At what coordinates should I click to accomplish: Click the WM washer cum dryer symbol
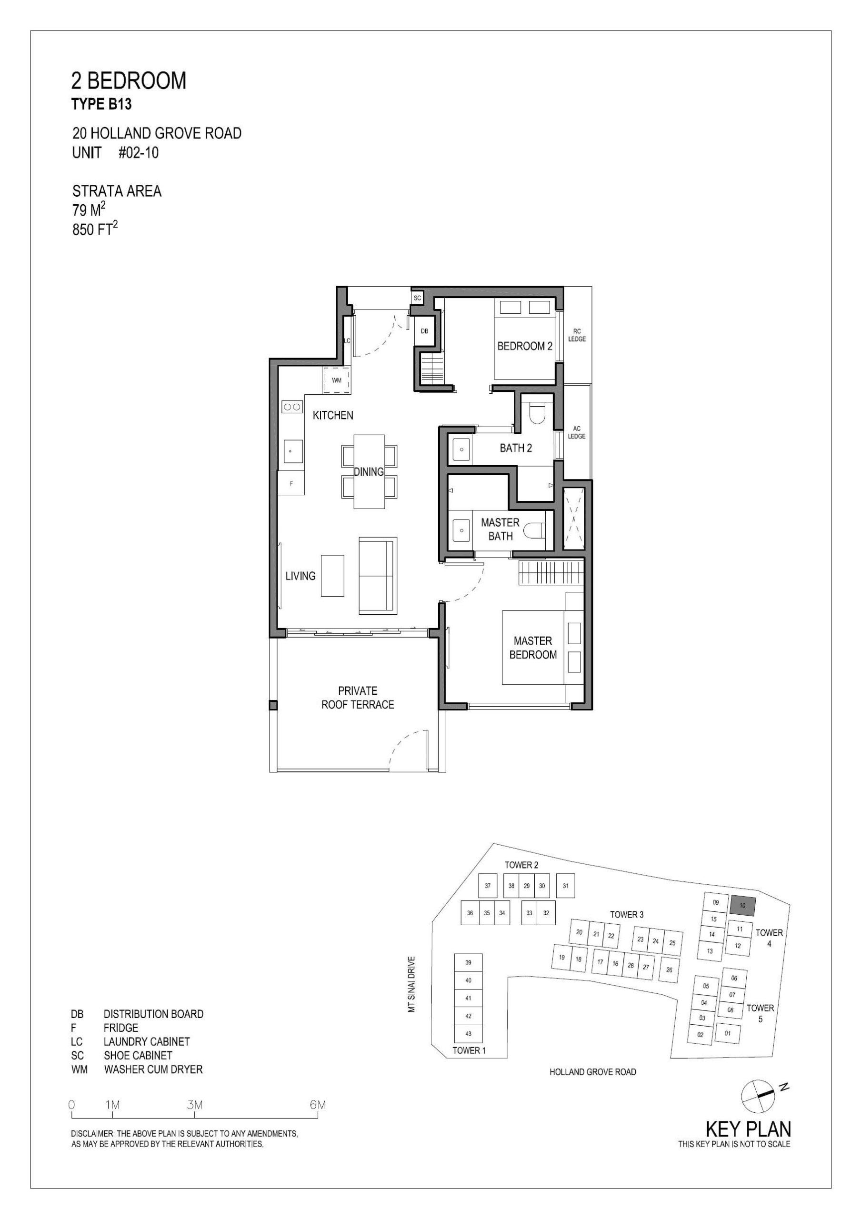coord(337,380)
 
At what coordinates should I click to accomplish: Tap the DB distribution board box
coord(424,331)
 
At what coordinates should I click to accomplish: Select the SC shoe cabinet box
coord(417,298)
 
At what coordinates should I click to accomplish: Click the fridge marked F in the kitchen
coord(291,483)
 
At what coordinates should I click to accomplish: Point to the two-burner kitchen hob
coord(291,407)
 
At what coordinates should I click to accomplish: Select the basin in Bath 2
coord(461,450)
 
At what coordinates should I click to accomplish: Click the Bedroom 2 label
coord(524,346)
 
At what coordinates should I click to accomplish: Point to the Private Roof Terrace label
coord(358,698)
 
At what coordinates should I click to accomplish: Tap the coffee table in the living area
coord(332,576)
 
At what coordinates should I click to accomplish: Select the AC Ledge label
coord(577,432)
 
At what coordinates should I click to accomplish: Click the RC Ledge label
coord(577,335)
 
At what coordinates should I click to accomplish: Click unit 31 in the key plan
coord(565,886)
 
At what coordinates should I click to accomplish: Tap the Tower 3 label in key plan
coord(626,914)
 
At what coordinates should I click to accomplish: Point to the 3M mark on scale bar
coord(195,1105)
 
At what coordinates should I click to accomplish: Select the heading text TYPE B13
coord(101,105)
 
